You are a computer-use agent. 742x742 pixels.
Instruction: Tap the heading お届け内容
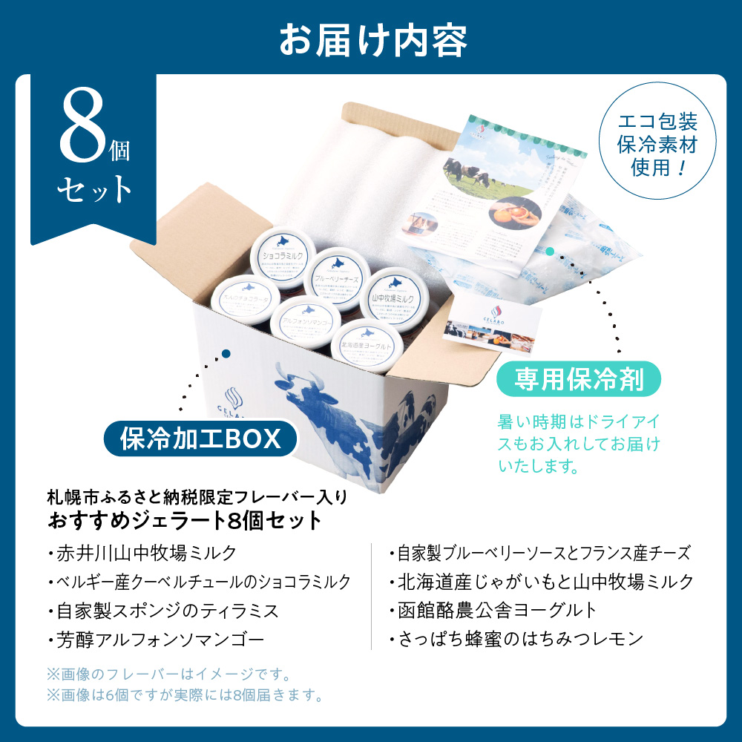(371, 42)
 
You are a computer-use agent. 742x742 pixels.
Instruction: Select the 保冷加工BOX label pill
(200, 439)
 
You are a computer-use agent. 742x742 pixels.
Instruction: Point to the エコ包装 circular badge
(649, 141)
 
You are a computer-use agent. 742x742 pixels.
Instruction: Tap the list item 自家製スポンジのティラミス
(168, 611)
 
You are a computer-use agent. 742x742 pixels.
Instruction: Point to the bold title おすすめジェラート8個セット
(185, 520)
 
